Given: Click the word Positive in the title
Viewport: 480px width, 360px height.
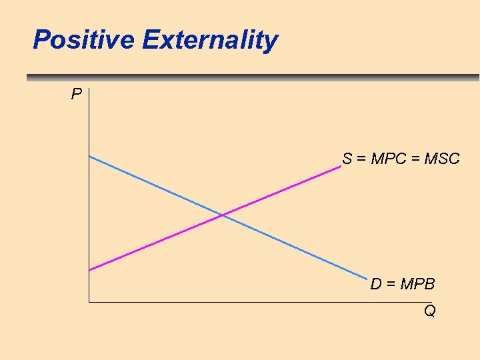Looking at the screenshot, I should coord(84,40).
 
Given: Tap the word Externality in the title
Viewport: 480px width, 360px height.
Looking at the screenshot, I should coord(210,41).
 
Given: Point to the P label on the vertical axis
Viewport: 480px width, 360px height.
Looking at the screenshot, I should coord(77,94).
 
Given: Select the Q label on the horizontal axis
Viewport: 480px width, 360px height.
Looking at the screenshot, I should coord(429,311).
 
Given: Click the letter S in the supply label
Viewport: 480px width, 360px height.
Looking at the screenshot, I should coord(347,159).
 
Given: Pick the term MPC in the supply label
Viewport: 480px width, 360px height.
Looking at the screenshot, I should coord(387,159).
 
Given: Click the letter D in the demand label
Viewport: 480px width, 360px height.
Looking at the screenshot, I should coord(375,285).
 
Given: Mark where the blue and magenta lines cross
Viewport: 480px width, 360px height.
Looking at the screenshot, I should coord(222,215).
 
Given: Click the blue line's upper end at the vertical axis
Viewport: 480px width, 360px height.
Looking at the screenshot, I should coord(89,156).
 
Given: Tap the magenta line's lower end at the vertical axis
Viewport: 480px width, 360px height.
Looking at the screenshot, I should coord(89,270).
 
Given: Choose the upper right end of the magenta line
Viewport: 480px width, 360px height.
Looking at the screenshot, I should coord(341,167).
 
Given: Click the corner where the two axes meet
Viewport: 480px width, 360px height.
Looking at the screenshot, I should coord(88,302).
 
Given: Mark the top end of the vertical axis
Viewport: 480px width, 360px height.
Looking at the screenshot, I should coord(88,88).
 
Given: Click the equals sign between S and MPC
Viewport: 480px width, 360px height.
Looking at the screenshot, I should coord(361,159).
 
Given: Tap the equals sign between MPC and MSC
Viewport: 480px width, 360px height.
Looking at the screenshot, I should coord(415,159).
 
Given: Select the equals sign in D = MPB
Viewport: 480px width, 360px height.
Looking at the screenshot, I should coord(390,285).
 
